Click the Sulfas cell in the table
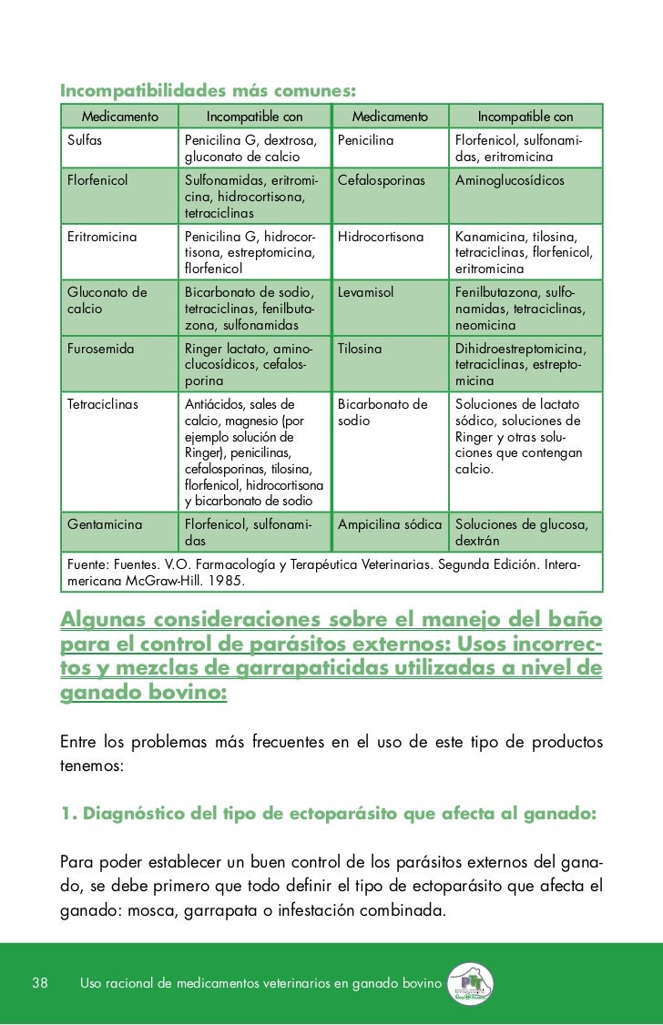(85, 142)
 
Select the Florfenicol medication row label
(97, 180)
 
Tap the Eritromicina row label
(102, 237)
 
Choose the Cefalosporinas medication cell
(382, 180)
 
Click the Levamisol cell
(365, 292)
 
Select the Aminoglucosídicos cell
(510, 180)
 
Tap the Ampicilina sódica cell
(390, 524)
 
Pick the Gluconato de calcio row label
(107, 300)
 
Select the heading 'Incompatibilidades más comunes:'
(207, 91)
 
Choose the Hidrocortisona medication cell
(381, 237)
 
